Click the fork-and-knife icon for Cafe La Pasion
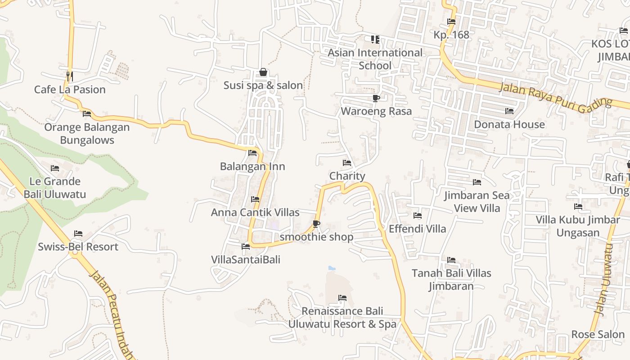tap(69, 76)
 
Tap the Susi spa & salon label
tap(263, 85)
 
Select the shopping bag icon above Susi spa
tap(263, 72)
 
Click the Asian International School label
tap(375, 59)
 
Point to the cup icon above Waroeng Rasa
tap(376, 98)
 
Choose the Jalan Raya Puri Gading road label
tap(555, 95)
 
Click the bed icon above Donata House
tap(509, 111)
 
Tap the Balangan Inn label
tap(252, 166)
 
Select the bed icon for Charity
tap(347, 163)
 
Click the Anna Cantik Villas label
tap(255, 212)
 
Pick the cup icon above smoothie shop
tap(316, 224)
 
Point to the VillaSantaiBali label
tap(246, 260)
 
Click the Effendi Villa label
tap(418, 229)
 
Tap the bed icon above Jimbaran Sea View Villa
tap(477, 182)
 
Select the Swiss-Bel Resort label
tap(78, 247)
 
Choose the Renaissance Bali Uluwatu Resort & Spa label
tap(342, 317)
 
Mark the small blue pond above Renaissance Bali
tap(332, 268)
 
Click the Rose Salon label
tap(598, 334)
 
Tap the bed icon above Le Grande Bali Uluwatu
tap(55, 168)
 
